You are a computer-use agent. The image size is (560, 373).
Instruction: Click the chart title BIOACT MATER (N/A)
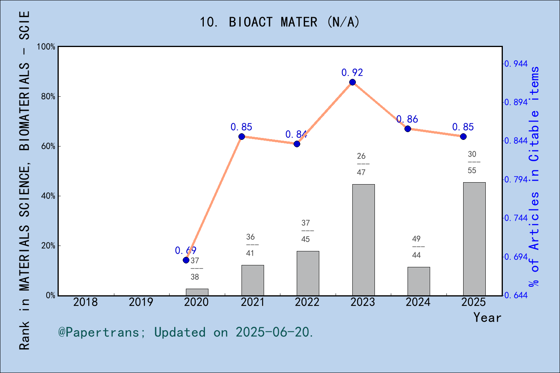coord(280,22)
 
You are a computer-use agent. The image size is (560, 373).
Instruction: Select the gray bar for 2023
coord(363,240)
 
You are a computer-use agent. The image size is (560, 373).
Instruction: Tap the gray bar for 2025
coord(474,239)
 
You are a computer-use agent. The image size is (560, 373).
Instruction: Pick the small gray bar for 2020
coord(197,292)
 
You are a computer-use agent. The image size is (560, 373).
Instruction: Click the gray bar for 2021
coord(252,280)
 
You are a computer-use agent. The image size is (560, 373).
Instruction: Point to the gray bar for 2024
coord(418,281)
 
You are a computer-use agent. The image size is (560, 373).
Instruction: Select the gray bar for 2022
coord(308,273)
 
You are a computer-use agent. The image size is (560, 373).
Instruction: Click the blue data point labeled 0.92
coord(352,82)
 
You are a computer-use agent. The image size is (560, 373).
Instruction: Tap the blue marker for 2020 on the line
coord(186,260)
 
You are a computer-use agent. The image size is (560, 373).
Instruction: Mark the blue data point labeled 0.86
coord(408,129)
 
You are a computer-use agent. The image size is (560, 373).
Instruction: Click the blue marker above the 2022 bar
coord(297,144)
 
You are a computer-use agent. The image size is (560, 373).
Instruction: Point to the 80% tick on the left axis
coord(48,97)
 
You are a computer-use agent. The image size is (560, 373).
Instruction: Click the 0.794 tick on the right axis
coord(516,180)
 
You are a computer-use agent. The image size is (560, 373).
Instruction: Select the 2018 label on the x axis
coord(86,302)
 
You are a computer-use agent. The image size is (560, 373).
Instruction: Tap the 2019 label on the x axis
coord(141,302)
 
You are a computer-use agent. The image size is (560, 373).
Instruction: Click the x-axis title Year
coord(487,317)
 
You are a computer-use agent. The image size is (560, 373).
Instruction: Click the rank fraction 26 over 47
coord(361,164)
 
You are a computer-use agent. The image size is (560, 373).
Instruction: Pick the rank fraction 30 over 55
coord(472,162)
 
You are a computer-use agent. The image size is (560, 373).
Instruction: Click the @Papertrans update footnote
coord(185,332)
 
